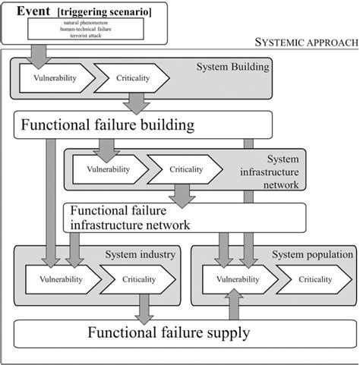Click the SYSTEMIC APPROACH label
coord(306,42)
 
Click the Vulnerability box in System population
coord(233,279)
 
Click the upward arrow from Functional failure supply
coord(233,309)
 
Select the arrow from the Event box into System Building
coord(38,53)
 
